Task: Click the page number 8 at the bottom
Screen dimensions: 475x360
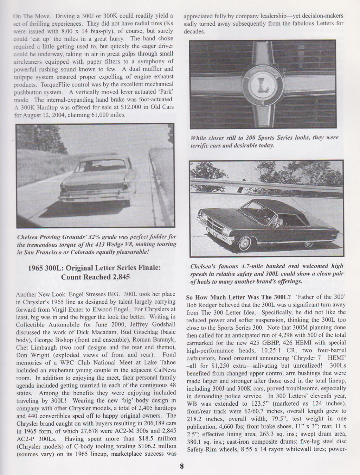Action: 181,467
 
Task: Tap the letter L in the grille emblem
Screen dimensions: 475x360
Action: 262,84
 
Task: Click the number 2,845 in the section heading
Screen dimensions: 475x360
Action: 116,277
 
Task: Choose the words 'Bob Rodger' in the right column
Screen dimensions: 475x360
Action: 199,304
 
